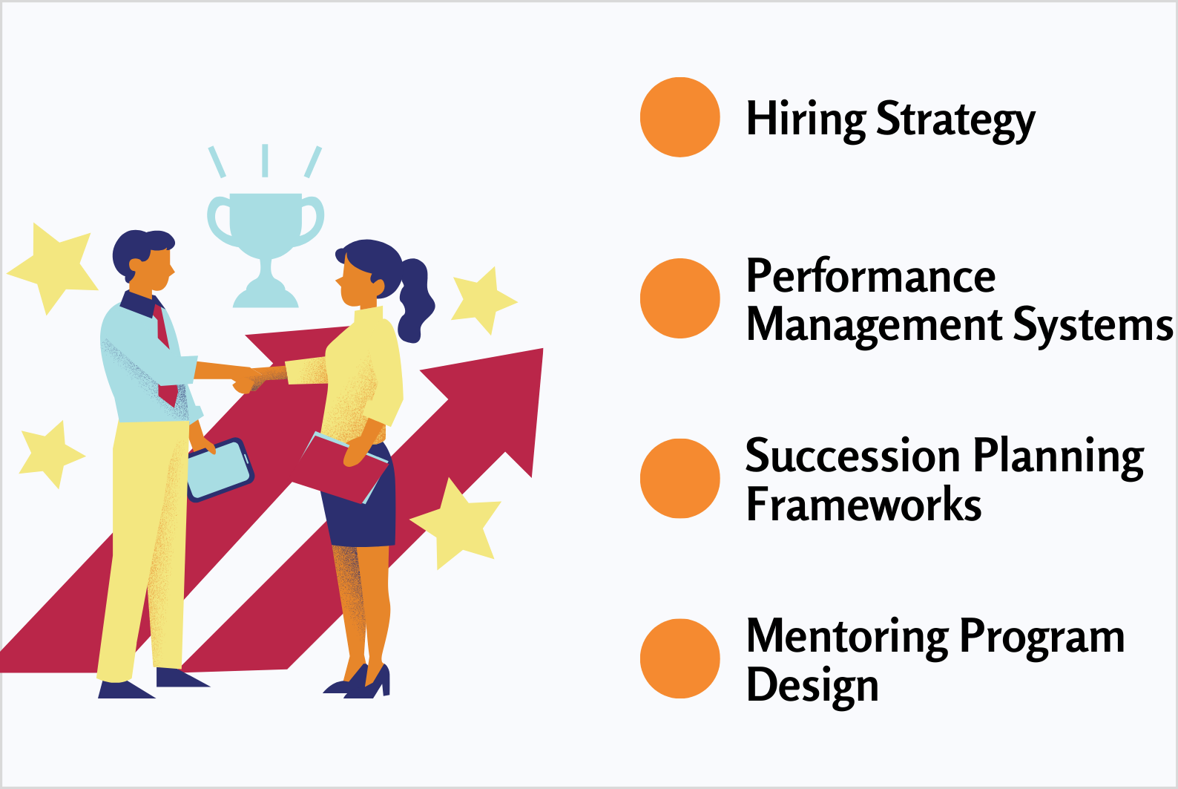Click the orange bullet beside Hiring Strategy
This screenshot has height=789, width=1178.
pyautogui.click(x=680, y=117)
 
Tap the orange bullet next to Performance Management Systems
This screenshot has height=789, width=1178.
pyautogui.click(x=680, y=298)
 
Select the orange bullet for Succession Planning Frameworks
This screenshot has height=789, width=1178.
pyautogui.click(x=680, y=479)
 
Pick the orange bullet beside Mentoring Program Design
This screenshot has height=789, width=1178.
pyautogui.click(x=680, y=658)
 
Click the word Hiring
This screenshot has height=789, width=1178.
pyautogui.click(x=806, y=120)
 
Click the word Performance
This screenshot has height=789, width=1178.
pyautogui.click(x=871, y=275)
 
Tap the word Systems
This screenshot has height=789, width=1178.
pyautogui.click(x=1093, y=327)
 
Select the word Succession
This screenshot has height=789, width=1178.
pyautogui.click(x=853, y=455)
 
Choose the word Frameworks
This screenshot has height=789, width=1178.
pyautogui.click(x=864, y=504)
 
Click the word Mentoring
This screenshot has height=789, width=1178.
pyautogui.click(x=847, y=639)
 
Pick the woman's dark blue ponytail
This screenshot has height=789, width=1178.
pyautogui.click(x=415, y=300)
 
